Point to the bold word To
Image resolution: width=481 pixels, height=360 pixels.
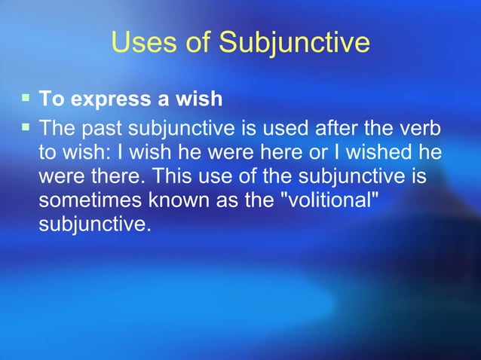tap(49, 98)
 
